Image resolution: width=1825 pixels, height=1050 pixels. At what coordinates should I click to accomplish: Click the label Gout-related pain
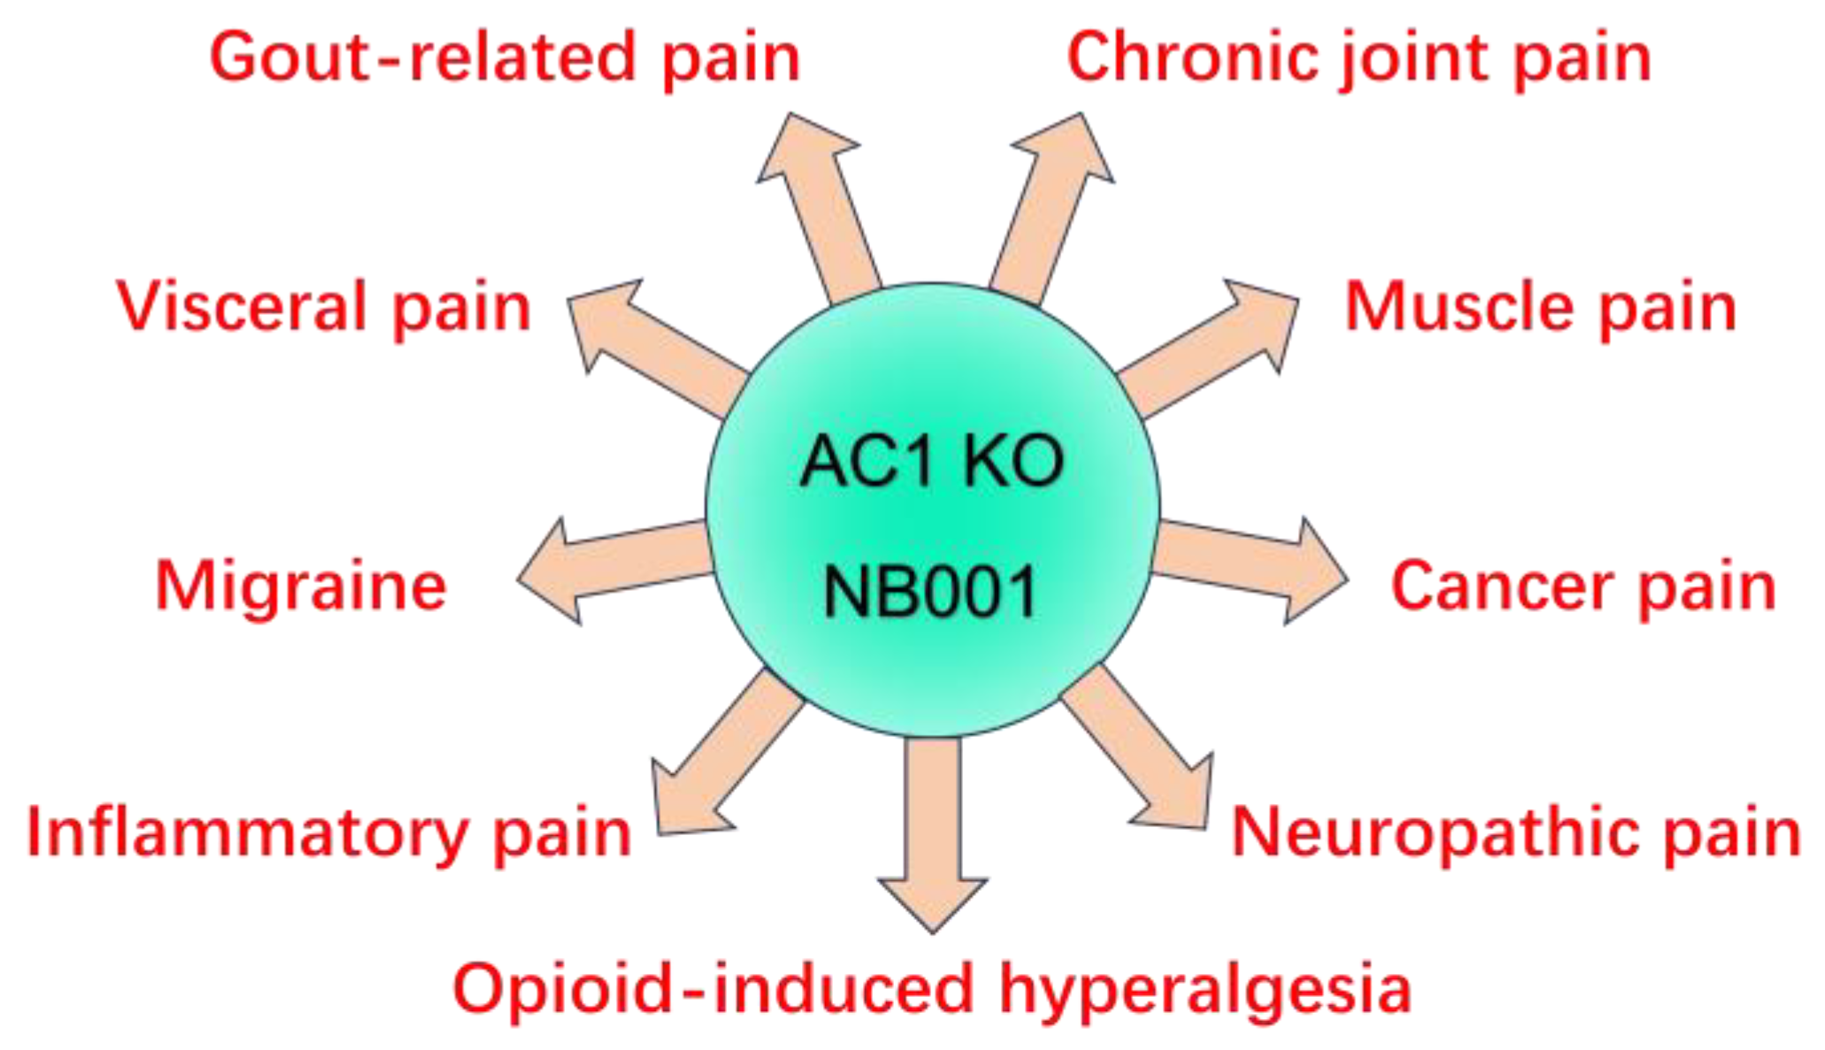point(505,58)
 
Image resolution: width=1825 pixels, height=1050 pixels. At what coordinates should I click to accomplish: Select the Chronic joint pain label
point(1359,58)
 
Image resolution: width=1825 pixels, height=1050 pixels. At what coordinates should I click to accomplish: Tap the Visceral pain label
point(324,308)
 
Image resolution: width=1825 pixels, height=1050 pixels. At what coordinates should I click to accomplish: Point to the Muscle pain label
point(1540,308)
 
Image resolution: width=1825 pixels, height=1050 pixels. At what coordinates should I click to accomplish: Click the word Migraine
point(301,586)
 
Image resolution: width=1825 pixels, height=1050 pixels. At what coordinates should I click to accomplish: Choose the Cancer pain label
point(1584,586)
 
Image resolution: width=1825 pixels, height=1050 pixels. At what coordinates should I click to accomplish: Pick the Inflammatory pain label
point(329,832)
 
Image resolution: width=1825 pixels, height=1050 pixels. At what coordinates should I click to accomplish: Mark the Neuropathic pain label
point(1516,832)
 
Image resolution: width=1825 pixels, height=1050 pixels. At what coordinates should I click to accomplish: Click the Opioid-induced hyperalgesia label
point(932,988)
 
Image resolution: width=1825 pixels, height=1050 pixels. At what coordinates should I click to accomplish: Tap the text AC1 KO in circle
point(931,461)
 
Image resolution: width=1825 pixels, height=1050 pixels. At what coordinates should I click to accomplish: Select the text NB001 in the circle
point(931,591)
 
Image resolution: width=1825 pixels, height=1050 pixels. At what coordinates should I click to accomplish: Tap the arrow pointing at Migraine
point(610,566)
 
